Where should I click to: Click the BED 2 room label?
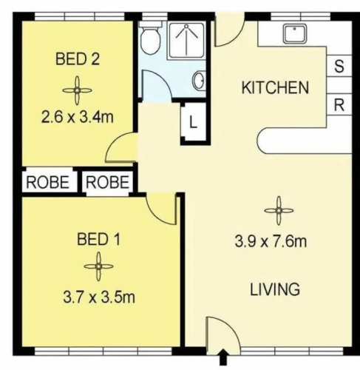click(x=78, y=59)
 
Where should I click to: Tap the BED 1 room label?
click(x=98, y=239)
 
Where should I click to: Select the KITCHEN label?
click(x=275, y=87)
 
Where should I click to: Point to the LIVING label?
click(x=275, y=289)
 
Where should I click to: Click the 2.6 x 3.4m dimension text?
click(x=78, y=117)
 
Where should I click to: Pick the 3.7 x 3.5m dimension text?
click(x=99, y=297)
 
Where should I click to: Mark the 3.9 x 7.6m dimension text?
click(x=271, y=241)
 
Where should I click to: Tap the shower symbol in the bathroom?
click(x=186, y=41)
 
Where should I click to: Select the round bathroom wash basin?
click(x=199, y=81)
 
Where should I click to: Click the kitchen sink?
click(x=295, y=33)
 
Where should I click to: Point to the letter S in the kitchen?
click(x=339, y=66)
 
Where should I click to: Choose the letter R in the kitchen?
click(x=339, y=105)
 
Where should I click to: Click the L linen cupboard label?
click(x=194, y=122)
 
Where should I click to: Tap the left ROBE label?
click(x=47, y=182)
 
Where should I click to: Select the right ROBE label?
click(x=107, y=182)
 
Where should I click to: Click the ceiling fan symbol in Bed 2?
click(x=77, y=90)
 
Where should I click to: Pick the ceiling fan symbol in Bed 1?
click(x=98, y=266)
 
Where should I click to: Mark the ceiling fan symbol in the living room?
click(x=279, y=211)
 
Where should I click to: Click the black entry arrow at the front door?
click(x=223, y=357)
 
